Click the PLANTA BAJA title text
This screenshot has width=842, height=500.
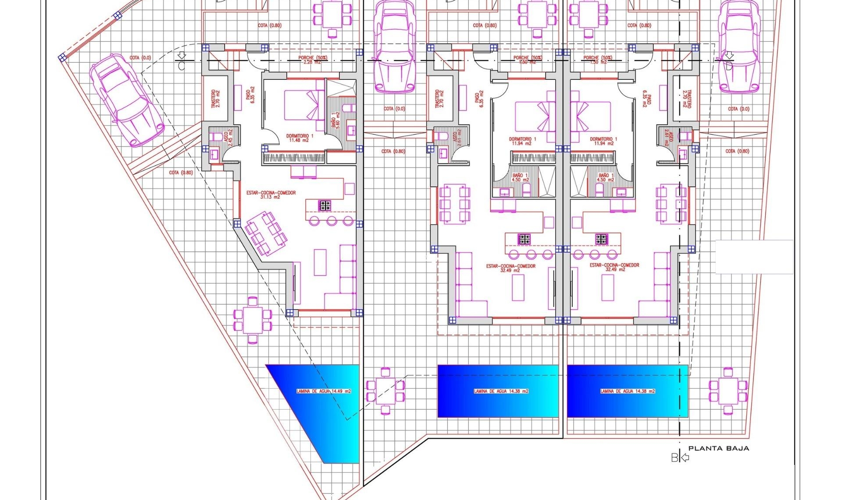[x=718, y=448]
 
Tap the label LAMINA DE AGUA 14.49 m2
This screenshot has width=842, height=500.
[x=324, y=391]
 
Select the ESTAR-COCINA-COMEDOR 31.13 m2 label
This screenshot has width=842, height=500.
[x=271, y=195]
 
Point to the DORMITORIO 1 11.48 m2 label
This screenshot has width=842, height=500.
[x=300, y=138]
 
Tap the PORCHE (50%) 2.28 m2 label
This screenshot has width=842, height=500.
[x=313, y=60]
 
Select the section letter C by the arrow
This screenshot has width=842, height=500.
[x=182, y=66]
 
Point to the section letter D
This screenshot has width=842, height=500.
[x=729, y=66]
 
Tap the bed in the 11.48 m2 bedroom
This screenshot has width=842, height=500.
[x=303, y=105]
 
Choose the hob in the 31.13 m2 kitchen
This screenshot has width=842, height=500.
[x=325, y=205]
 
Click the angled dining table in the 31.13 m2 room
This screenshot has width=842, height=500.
[x=266, y=233]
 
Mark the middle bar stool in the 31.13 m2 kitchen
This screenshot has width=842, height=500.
[x=331, y=221]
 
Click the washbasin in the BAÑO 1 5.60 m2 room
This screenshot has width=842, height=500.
[x=351, y=130]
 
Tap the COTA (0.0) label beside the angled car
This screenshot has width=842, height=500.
[x=140, y=58]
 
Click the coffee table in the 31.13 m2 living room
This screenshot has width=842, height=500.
[x=320, y=262]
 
